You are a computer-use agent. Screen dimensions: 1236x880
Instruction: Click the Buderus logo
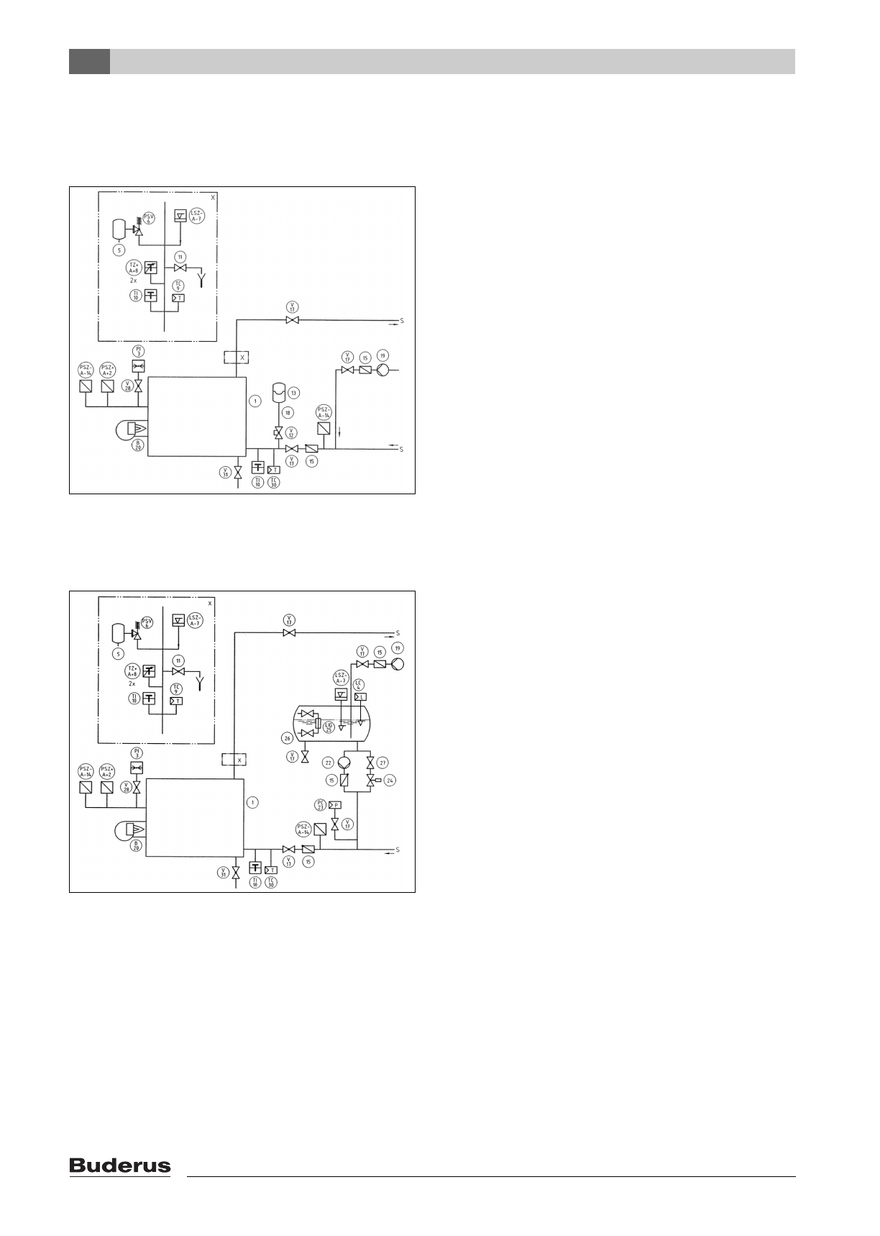point(120,1166)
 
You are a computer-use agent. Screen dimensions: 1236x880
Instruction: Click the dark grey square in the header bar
point(89,61)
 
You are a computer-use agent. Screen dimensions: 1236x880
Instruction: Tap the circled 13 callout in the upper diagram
point(293,393)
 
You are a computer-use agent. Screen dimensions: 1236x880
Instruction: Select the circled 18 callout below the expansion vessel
point(287,412)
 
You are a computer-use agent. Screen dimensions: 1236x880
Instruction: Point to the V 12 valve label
point(291,433)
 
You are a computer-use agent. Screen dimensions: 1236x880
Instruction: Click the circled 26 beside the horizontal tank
point(288,737)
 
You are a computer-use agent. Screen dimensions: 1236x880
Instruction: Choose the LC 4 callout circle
point(359,683)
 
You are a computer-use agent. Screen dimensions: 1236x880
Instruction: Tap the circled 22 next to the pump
point(328,762)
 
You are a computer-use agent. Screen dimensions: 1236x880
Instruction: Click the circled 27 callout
point(383,762)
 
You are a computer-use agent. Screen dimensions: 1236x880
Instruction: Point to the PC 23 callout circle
point(321,804)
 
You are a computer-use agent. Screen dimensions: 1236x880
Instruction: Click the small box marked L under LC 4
point(361,696)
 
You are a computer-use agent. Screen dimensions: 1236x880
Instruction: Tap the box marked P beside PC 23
point(335,805)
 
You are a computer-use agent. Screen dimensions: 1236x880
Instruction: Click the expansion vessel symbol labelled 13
point(278,394)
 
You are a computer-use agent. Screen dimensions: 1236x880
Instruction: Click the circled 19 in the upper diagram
point(383,356)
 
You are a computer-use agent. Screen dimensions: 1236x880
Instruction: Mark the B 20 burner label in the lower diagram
point(136,847)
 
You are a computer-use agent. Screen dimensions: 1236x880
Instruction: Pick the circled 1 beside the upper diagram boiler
point(255,401)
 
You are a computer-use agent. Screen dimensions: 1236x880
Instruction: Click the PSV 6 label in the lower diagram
point(147,623)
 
